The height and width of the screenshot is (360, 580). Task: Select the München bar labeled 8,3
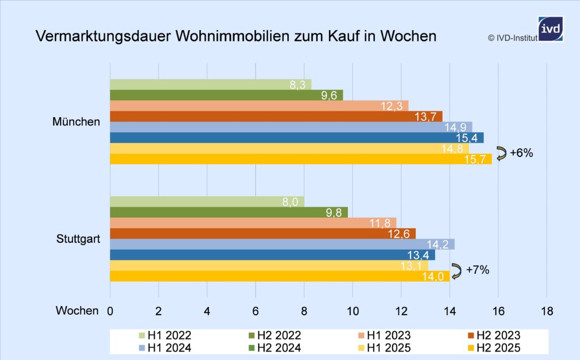(210, 84)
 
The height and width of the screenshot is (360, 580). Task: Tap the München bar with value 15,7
(301, 159)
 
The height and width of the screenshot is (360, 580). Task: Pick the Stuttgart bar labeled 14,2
(282, 244)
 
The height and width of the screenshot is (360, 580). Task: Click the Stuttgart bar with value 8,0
(207, 202)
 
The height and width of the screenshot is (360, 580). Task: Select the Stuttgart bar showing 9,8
(229, 212)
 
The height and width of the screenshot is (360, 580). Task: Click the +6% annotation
(521, 153)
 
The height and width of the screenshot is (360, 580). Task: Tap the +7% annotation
(477, 270)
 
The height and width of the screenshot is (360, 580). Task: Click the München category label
(76, 122)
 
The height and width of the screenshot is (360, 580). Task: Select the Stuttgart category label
(78, 239)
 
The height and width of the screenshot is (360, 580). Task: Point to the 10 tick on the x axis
(352, 311)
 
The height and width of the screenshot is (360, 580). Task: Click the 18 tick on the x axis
(547, 311)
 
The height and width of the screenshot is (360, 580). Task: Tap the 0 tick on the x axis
(110, 311)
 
